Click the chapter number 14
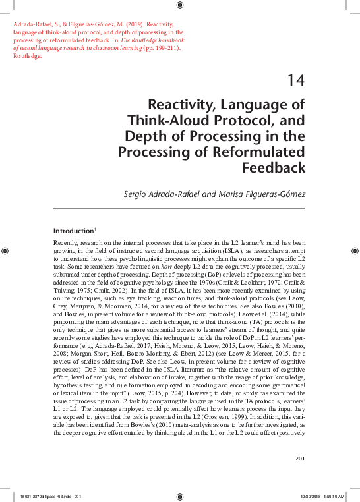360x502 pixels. tap(295, 80)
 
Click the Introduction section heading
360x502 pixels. tap(73, 231)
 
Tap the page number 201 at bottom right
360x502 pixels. tap(298, 458)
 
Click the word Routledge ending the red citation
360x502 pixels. tap(27, 56)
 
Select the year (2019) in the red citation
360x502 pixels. tap(125, 24)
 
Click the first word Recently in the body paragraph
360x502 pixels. tap(65, 244)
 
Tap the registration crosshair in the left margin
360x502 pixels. tap(6, 251)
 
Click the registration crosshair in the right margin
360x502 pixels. tap(355, 251)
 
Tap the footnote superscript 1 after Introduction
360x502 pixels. tap(96, 229)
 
